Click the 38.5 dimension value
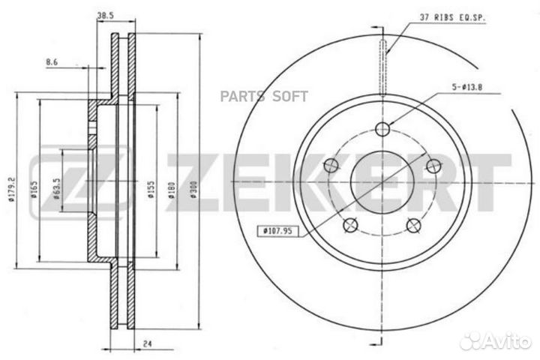click(106, 15)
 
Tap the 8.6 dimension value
click(52, 62)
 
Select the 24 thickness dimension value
click(148, 343)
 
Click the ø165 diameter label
click(34, 190)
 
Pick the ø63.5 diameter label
click(57, 188)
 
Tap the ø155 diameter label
click(151, 190)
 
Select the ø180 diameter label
click(172, 190)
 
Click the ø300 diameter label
click(193, 190)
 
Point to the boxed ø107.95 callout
click(277, 231)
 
